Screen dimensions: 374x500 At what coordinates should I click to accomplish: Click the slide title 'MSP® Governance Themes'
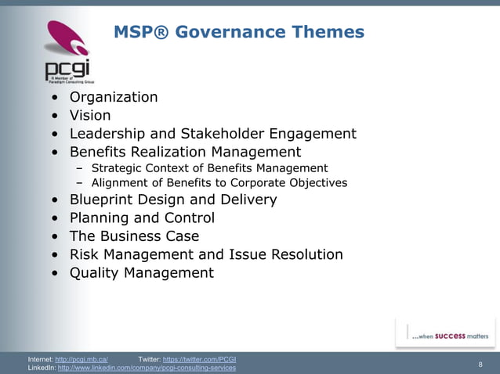coord(239,32)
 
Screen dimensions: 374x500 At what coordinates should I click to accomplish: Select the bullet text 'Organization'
coord(114,97)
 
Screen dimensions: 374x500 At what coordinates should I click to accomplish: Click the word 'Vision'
coord(90,116)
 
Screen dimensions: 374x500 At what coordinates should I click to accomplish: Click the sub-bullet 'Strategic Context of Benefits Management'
coord(209,168)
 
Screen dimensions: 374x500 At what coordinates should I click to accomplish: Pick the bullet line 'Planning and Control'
coord(142,218)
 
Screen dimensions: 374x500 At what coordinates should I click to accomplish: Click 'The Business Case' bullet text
coord(134,236)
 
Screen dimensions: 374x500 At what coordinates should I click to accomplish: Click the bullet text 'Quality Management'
coord(141,273)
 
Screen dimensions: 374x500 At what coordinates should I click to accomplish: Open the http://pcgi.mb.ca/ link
coord(82,359)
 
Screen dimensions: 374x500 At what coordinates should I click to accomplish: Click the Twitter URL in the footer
coord(199,359)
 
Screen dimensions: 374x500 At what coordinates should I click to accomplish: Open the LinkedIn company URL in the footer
coord(147,368)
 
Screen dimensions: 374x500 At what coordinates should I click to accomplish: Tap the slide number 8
coord(480,364)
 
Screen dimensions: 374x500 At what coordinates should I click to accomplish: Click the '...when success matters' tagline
coord(450,336)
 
